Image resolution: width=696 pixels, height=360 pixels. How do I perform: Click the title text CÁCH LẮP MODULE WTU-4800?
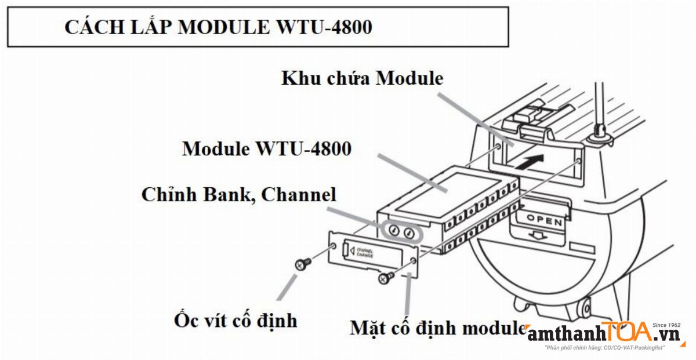click(218, 27)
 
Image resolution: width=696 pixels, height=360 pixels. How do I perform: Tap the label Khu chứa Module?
click(362, 79)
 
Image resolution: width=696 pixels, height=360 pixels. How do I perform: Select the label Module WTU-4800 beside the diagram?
click(267, 149)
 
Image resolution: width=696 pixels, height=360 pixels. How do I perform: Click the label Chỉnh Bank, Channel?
click(238, 194)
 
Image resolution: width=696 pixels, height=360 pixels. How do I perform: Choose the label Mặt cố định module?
click(438, 328)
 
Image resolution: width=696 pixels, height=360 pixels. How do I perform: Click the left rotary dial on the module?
click(394, 231)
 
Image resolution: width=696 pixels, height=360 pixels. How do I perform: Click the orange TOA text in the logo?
click(626, 332)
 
